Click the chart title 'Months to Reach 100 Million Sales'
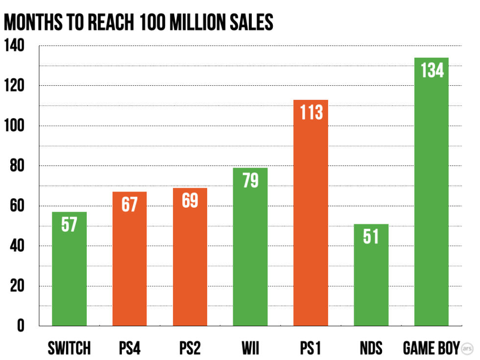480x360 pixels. pos(138,23)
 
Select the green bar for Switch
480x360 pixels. pos(69,269)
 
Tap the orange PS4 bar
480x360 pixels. pos(129,260)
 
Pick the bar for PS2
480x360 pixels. pos(190,257)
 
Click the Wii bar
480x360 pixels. pos(250,247)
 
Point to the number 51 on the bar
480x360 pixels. pos(371,237)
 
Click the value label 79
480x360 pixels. pos(250,180)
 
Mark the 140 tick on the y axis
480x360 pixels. pos(14,47)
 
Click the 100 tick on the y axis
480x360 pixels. pos(14,126)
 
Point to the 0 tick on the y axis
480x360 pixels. pos(20,326)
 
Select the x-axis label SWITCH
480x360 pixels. pos(69,348)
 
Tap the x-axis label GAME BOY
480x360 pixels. pos(431,348)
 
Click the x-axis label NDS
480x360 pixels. pos(371,348)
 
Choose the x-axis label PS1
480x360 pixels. pos(311,348)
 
